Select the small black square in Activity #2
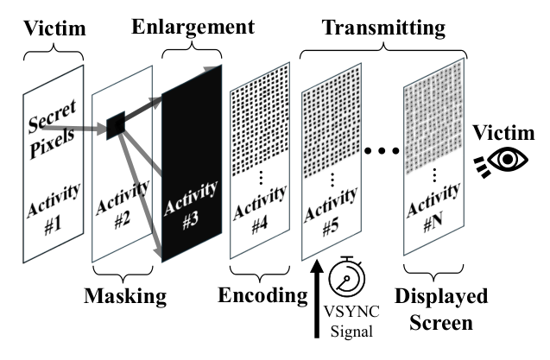tap(116, 127)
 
